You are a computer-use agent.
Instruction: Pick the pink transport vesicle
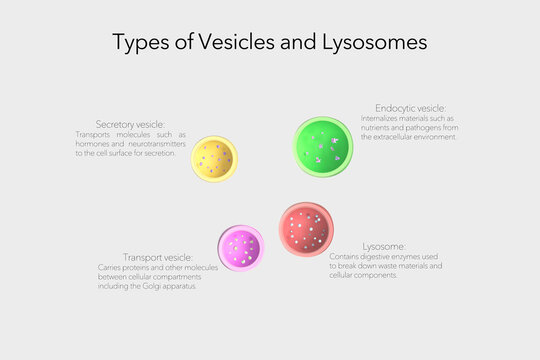click(x=241, y=247)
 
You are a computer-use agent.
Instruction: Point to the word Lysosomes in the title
click(x=374, y=43)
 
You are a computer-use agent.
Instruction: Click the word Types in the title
click(x=134, y=43)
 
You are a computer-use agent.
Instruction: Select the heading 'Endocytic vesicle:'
click(x=410, y=107)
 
